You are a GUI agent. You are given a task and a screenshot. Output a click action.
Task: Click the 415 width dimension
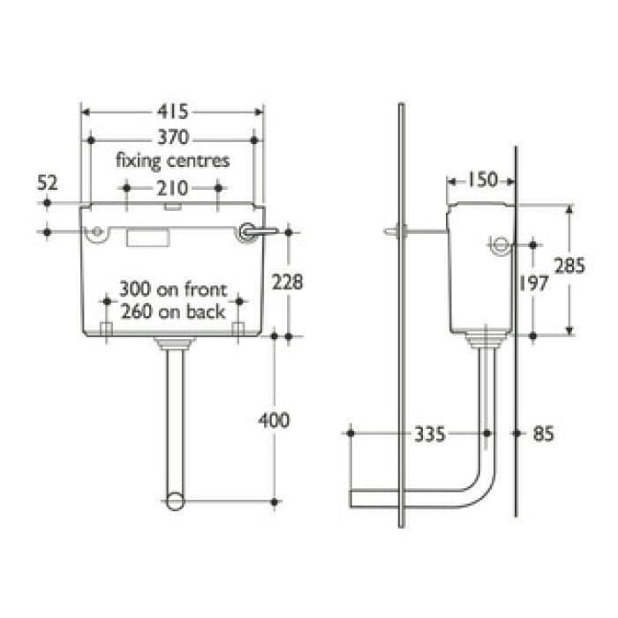(x=174, y=112)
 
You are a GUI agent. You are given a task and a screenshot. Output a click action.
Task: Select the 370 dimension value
(x=174, y=139)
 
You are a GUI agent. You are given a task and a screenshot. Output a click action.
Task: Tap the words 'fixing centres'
(x=173, y=161)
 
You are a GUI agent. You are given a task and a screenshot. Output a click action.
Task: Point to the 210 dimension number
(x=173, y=187)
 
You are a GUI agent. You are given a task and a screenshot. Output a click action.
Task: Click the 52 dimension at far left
(x=47, y=183)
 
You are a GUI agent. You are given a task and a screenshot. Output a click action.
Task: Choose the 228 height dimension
(x=288, y=283)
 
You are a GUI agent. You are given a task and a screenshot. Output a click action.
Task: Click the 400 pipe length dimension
(x=275, y=420)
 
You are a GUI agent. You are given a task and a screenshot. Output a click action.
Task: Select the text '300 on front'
(x=174, y=290)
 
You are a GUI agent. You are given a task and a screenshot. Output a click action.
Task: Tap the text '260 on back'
(x=174, y=311)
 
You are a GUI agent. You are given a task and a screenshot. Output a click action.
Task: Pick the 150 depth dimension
(x=482, y=180)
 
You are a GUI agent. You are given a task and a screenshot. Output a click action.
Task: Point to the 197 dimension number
(x=534, y=283)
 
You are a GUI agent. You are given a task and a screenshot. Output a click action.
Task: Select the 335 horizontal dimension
(x=430, y=433)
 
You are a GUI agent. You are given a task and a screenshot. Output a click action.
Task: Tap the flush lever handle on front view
(x=262, y=232)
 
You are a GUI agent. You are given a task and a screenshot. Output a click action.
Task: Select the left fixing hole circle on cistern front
(x=96, y=233)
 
